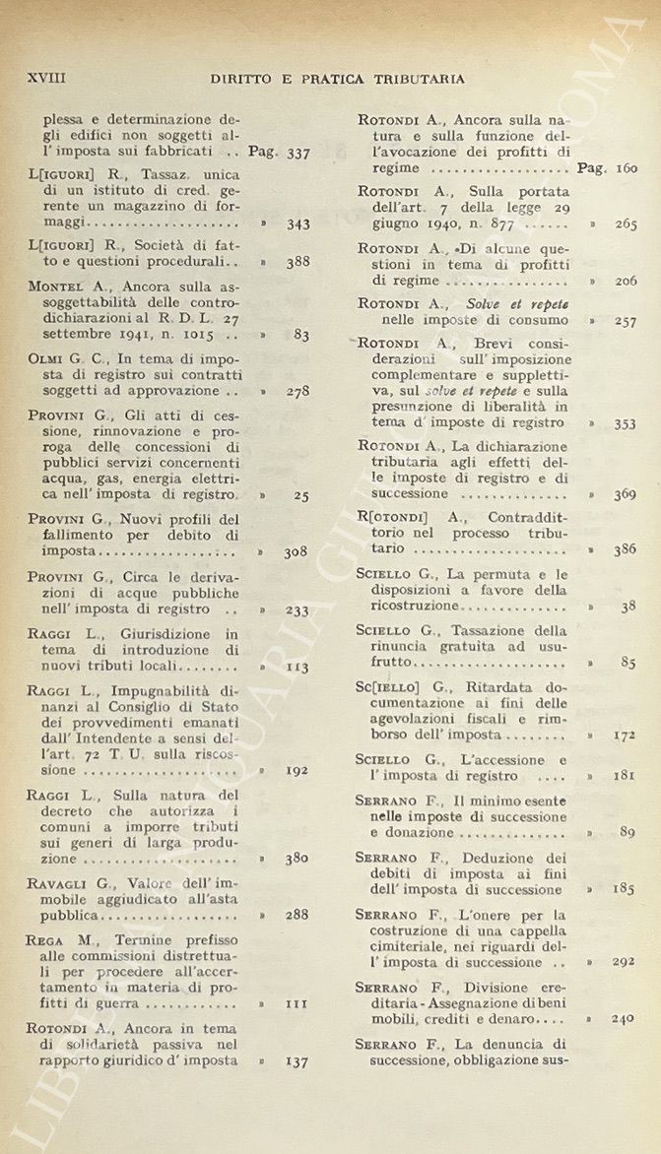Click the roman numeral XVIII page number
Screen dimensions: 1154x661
point(46,78)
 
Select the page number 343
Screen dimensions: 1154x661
point(297,224)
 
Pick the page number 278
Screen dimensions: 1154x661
point(297,391)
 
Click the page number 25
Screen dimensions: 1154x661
point(301,495)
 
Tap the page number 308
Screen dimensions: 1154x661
point(297,552)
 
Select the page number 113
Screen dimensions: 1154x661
point(297,667)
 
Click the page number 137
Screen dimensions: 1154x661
point(297,1061)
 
